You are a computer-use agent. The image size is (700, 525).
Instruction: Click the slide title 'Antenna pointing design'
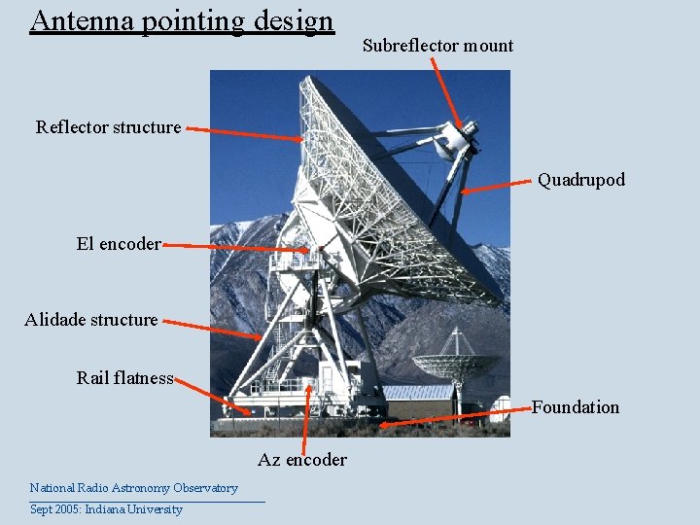pos(182,20)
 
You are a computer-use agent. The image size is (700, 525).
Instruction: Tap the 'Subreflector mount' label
pos(437,46)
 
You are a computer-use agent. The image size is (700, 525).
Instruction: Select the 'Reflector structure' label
pos(108,127)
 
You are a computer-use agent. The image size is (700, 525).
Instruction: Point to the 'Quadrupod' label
pos(581,180)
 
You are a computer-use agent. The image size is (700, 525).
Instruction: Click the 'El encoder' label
pos(119,245)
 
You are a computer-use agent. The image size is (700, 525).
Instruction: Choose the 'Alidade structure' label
pos(91,320)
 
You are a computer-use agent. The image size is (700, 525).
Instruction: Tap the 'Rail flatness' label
pos(124,378)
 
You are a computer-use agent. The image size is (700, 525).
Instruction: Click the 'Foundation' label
pos(575,407)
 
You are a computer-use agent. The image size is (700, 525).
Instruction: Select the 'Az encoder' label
pos(302,460)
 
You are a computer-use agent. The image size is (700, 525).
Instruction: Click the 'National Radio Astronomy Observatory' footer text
pos(133,488)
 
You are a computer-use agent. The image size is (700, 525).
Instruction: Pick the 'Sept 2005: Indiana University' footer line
pos(106,509)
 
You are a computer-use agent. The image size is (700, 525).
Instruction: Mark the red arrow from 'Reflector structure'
pos(244,133)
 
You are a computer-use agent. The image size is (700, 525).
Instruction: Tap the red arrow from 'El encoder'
pos(238,248)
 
